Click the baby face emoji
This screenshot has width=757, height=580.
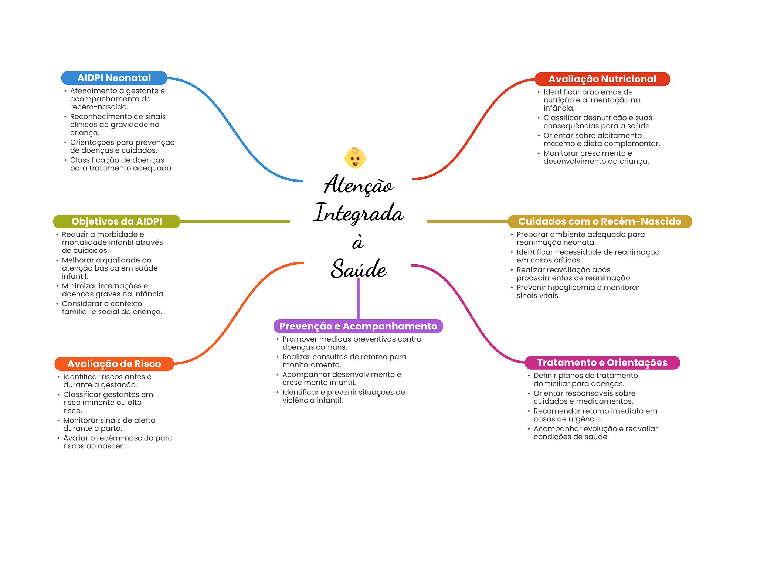pyautogui.click(x=355, y=158)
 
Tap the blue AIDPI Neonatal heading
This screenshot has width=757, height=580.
pyautogui.click(x=114, y=78)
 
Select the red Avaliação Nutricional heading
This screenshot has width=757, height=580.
pyautogui.click(x=602, y=79)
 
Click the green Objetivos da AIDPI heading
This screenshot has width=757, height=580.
pyautogui.click(x=116, y=221)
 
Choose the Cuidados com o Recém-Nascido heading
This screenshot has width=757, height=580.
pyautogui.click(x=600, y=221)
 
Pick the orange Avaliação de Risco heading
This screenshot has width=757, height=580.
pyautogui.click(x=114, y=364)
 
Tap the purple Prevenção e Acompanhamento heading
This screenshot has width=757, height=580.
pyautogui.click(x=358, y=326)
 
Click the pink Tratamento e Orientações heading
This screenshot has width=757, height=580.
pyautogui.click(x=602, y=363)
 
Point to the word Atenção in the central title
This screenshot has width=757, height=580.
pyautogui.click(x=358, y=185)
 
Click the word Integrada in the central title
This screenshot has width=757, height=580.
pyautogui.click(x=358, y=213)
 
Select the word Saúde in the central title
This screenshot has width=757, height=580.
pyautogui.click(x=358, y=269)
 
